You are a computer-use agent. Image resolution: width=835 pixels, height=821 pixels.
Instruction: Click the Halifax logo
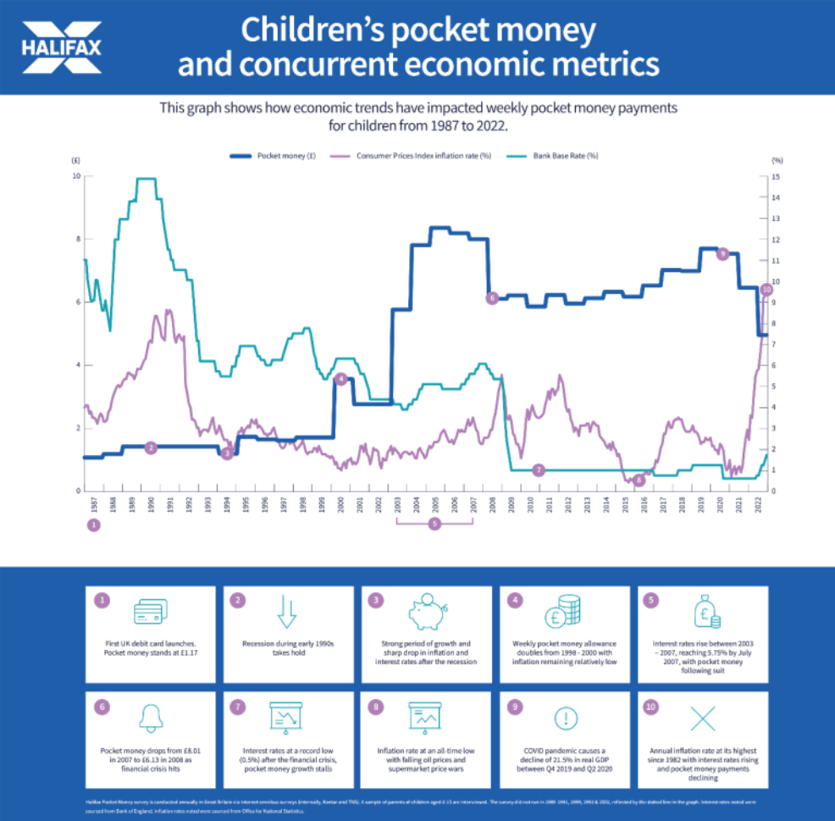pyautogui.click(x=62, y=46)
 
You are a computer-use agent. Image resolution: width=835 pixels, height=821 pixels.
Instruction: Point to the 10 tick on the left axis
pyautogui.click(x=77, y=176)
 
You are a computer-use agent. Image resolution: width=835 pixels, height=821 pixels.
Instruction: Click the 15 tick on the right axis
pyautogui.click(x=777, y=176)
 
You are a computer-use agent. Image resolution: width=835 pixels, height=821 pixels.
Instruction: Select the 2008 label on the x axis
pyautogui.click(x=492, y=504)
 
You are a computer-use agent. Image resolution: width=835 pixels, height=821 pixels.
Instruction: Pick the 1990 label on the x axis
pyautogui.click(x=151, y=504)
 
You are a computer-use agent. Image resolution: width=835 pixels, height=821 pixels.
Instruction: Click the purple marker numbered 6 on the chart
pyautogui.click(x=492, y=298)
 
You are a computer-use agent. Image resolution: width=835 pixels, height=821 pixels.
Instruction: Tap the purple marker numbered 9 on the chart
pyautogui.click(x=722, y=253)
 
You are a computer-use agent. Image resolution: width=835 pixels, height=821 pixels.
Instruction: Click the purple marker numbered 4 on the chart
pyautogui.click(x=340, y=379)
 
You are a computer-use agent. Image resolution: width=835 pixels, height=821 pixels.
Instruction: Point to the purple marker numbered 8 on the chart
pyautogui.click(x=639, y=480)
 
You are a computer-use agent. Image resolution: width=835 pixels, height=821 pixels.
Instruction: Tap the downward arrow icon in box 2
pyautogui.click(x=288, y=613)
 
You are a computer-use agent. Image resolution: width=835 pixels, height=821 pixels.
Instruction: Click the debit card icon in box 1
pyautogui.click(x=150, y=613)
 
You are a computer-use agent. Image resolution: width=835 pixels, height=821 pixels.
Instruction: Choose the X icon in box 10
pyautogui.click(x=702, y=718)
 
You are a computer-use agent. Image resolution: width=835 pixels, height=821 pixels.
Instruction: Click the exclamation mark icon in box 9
pyautogui.click(x=564, y=718)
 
